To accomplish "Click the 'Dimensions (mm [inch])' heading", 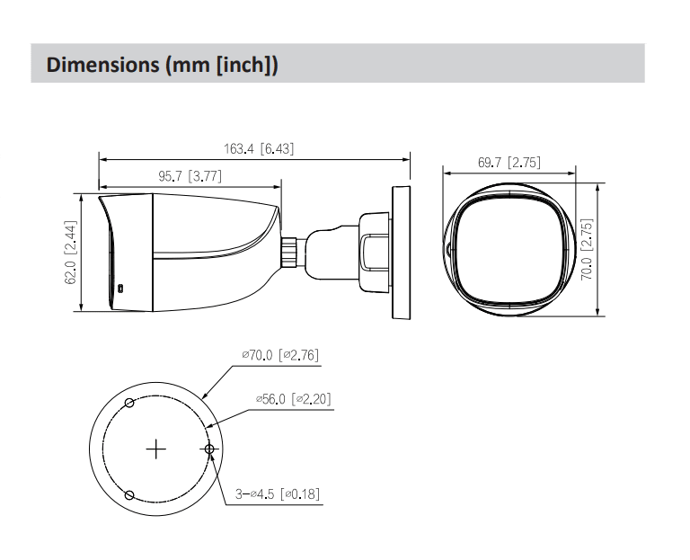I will pyautogui.click(x=163, y=65).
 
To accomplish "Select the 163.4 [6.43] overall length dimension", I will pyautogui.click(x=259, y=149).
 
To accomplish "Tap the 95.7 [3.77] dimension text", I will pyautogui.click(x=190, y=177).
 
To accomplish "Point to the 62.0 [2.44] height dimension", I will pyautogui.click(x=69, y=253).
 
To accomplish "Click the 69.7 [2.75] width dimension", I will pyautogui.click(x=509, y=163).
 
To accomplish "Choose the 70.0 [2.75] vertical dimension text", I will pyautogui.click(x=586, y=249).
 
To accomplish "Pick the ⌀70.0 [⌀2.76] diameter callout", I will pyautogui.click(x=280, y=356).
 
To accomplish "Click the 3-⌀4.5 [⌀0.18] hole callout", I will pyautogui.click(x=278, y=493).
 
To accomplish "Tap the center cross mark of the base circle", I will pyautogui.click(x=156, y=448).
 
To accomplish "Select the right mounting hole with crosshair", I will pyautogui.click(x=209, y=448).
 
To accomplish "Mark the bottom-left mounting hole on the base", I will pyautogui.click(x=129, y=494).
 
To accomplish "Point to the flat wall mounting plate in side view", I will pyautogui.click(x=401, y=251).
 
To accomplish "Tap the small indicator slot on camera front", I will pyautogui.click(x=121, y=289).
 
